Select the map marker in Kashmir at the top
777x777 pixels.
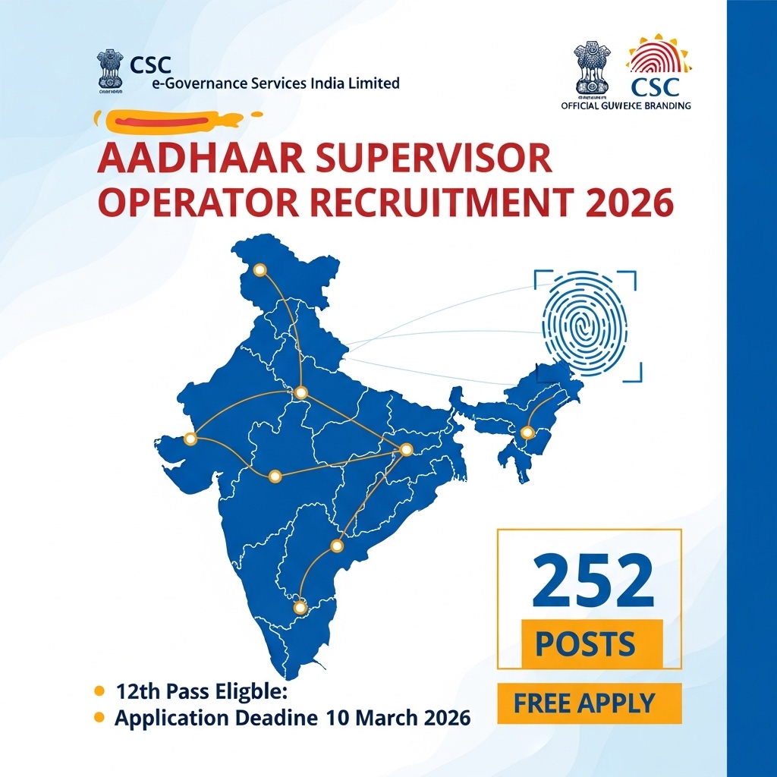click(260, 270)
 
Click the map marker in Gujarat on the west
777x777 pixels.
click(190, 439)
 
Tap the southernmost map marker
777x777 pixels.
click(300, 606)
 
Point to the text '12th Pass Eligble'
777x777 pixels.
click(203, 691)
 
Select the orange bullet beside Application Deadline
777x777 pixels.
click(98, 717)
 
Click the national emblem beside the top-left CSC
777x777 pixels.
click(109, 70)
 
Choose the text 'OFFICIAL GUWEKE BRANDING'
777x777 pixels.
click(625, 106)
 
